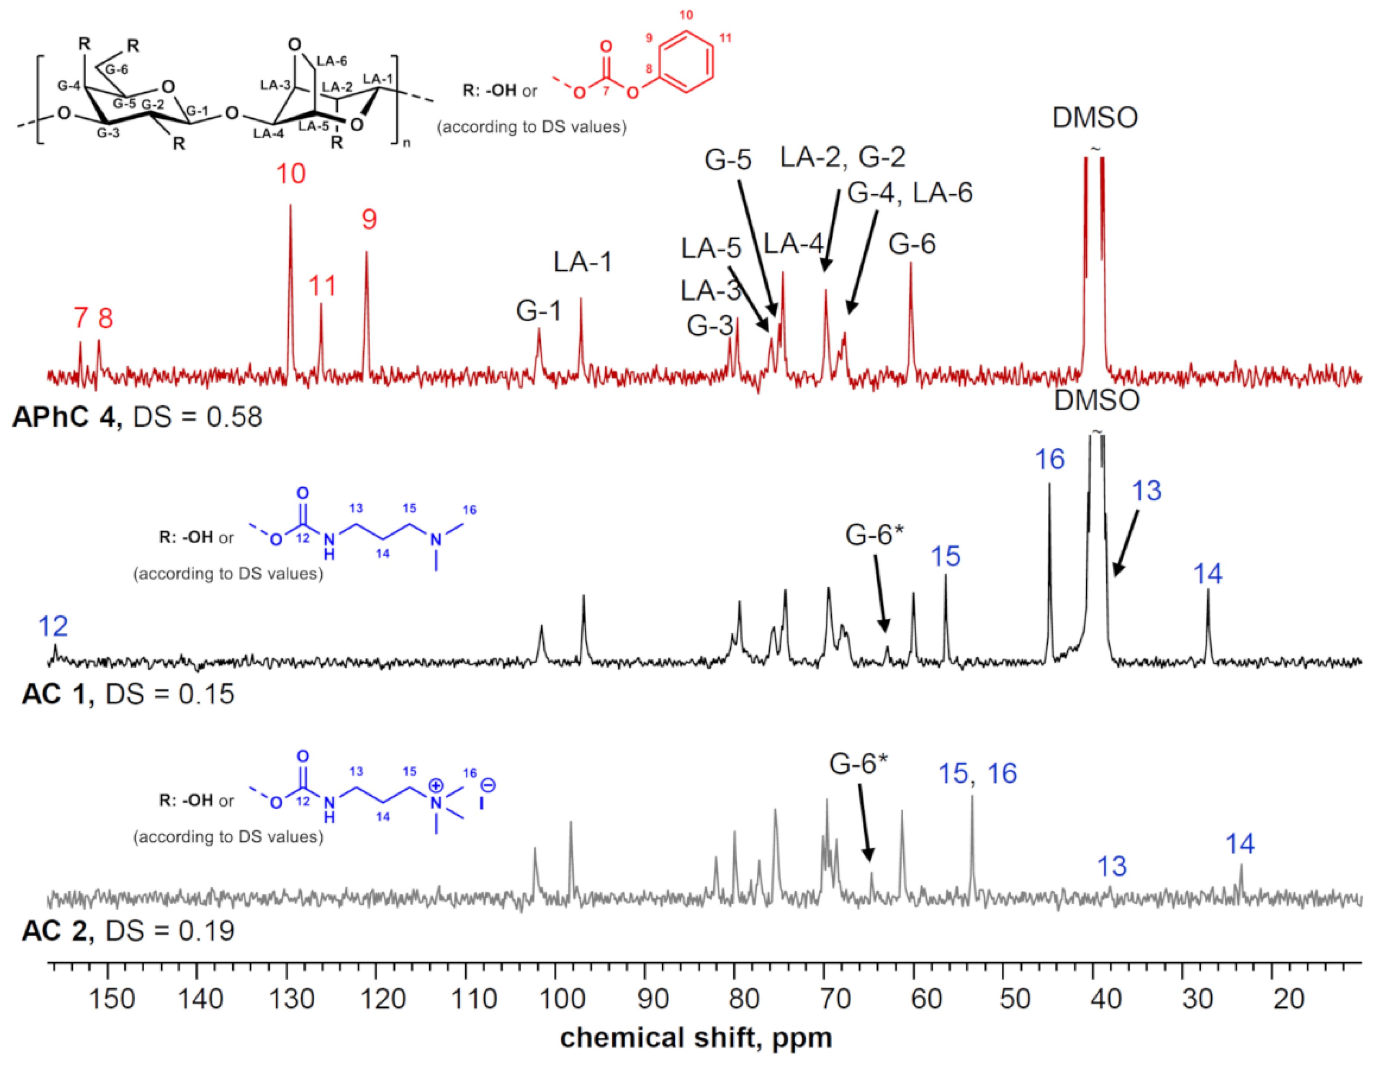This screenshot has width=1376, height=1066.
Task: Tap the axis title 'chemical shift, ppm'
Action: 696,1038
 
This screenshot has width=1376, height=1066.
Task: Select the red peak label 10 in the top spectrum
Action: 291,174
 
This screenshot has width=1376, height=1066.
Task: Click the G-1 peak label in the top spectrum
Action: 538,311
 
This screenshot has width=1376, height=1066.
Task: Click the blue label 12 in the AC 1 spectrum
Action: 53,626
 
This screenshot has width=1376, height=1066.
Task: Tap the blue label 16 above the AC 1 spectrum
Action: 1050,460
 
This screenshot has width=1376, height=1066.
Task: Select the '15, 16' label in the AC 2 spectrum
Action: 977,774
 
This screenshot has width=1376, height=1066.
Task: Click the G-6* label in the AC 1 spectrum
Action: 874,535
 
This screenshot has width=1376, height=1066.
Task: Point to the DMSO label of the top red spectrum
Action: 1095,118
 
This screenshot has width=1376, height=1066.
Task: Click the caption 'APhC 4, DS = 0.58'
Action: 137,417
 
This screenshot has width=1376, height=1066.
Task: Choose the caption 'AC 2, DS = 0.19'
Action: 128,930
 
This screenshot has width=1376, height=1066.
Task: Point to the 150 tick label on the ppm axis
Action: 112,1000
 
